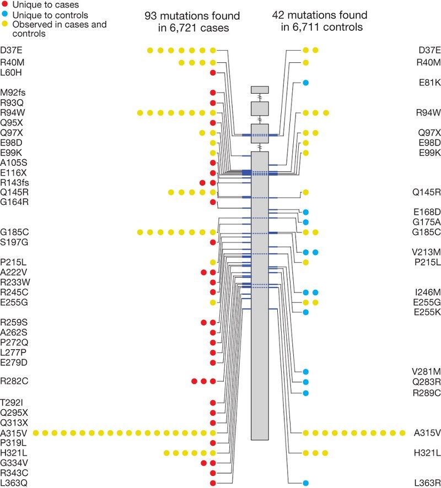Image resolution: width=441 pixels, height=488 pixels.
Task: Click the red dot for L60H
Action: (x=213, y=73)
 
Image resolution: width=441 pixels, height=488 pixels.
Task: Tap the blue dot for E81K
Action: (x=305, y=83)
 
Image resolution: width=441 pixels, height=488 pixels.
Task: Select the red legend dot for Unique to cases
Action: (x=5, y=4)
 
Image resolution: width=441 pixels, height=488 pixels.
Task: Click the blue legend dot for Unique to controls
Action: (x=5, y=15)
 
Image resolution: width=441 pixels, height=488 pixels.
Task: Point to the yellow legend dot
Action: (x=5, y=24)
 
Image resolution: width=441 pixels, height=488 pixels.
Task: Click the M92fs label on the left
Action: (x=13, y=93)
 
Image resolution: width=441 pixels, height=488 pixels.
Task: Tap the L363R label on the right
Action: (x=427, y=483)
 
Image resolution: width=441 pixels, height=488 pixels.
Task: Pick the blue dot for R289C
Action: (x=305, y=393)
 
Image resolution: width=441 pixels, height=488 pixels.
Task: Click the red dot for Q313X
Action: (x=213, y=423)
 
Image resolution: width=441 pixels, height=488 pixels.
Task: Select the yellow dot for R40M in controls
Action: (x=305, y=63)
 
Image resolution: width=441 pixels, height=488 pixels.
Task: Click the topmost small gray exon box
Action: (x=260, y=90)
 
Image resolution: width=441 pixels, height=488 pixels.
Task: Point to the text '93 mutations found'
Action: (x=192, y=16)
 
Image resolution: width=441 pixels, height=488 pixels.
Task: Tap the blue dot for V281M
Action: (x=305, y=372)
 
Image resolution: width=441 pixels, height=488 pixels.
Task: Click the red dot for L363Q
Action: (x=213, y=483)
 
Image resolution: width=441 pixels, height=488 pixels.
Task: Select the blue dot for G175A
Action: (x=305, y=222)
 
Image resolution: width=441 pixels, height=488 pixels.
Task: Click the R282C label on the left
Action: (x=14, y=381)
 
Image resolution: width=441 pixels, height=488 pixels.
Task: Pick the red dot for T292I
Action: (x=213, y=403)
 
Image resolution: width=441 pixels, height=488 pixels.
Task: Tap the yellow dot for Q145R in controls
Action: (x=305, y=192)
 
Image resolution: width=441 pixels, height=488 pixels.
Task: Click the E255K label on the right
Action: (x=427, y=312)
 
